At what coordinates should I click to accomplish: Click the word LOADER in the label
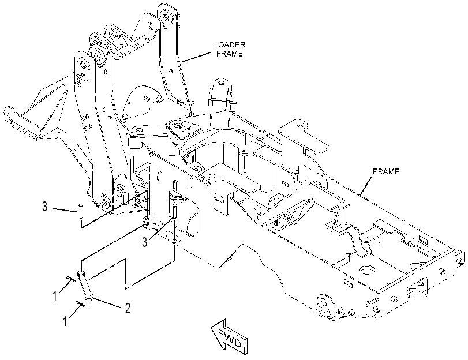[x=230, y=45]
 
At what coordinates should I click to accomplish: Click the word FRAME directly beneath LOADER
[x=230, y=54]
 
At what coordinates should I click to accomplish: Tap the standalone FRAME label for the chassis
[x=386, y=171]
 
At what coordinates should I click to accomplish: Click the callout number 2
[x=128, y=308]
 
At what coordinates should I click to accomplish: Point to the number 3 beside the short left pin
[x=45, y=207]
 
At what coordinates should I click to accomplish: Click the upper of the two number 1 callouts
[x=55, y=296]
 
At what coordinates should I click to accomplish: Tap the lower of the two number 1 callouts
[x=65, y=321]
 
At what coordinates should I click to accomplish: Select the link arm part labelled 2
[x=84, y=284]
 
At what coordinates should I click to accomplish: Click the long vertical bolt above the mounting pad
[x=175, y=215]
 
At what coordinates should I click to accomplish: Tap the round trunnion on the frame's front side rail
[x=324, y=307]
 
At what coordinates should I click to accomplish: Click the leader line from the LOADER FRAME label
[x=196, y=57]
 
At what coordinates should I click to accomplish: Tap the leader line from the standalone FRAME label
[x=366, y=185]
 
